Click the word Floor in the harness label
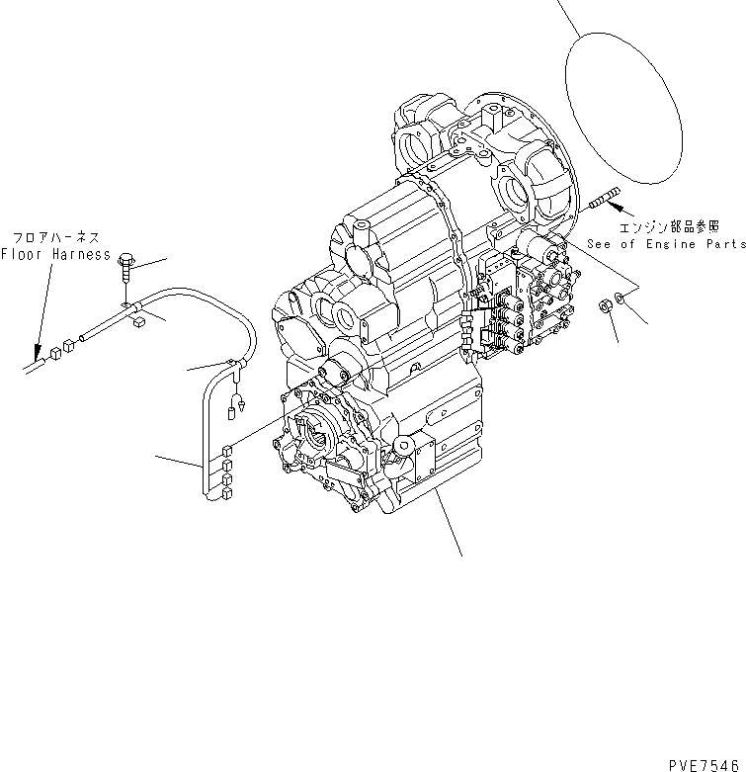pyautogui.click(x=21, y=253)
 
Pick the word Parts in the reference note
pyautogui.click(x=724, y=242)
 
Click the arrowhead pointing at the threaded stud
pyautogui.click(x=615, y=206)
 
